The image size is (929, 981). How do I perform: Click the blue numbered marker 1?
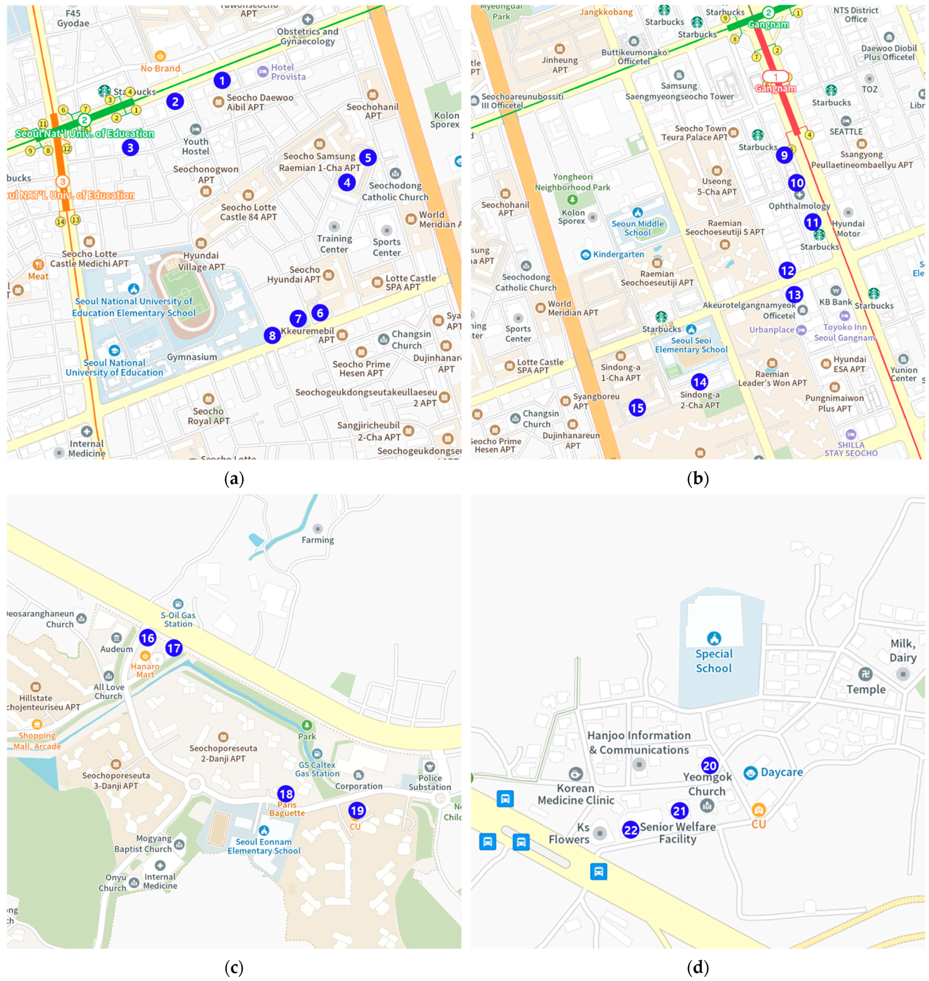pos(222,80)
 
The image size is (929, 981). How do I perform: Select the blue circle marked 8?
pos(272,336)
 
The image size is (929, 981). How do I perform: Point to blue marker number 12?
pos(787,270)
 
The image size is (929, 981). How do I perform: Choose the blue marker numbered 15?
pos(637,408)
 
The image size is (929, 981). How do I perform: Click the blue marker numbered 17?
pos(174,648)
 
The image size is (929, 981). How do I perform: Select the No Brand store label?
pos(160,68)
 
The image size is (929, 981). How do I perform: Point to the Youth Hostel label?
pos(196,146)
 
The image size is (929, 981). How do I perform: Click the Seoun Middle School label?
pos(637,228)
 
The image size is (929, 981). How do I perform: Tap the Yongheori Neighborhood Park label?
pos(572,182)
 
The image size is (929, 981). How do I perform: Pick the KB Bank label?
pos(835,302)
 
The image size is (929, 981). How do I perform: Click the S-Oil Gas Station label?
pos(178,619)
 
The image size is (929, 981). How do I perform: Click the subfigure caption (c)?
pos(234,967)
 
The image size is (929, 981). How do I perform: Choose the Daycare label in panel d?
pos(781,772)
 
